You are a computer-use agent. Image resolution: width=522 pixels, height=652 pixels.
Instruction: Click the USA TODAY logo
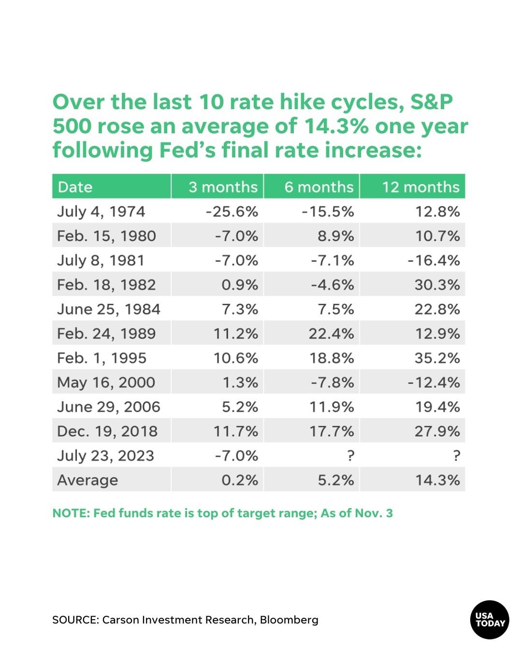[x=490, y=620]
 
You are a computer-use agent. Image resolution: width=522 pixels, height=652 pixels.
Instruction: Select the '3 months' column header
[x=223, y=187]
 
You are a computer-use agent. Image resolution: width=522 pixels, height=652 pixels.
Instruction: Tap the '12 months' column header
[x=420, y=187]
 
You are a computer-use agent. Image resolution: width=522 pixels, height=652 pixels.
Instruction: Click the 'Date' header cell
[x=75, y=187]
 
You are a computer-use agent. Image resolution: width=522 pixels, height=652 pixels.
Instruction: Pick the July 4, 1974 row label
[x=101, y=212]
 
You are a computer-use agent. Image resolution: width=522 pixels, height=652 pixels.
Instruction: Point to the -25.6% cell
[x=232, y=212]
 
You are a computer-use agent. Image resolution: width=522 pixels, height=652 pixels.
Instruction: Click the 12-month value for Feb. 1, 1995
[x=437, y=358]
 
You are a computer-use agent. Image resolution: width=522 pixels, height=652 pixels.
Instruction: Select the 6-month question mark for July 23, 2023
[x=350, y=455]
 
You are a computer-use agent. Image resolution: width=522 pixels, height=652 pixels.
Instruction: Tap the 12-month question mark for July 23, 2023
[x=456, y=455]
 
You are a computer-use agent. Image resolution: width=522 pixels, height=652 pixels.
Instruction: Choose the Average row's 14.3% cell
[x=437, y=480]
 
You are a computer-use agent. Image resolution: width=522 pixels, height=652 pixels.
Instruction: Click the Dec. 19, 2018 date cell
[x=107, y=431]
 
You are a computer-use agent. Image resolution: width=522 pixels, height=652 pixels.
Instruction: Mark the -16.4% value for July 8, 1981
[x=434, y=260]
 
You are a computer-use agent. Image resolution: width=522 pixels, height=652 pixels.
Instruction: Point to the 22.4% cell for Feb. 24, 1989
[x=332, y=334]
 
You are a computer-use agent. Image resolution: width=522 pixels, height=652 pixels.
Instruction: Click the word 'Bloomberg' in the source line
[x=289, y=620]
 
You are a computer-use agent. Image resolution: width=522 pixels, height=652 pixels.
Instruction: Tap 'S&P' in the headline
[x=432, y=102]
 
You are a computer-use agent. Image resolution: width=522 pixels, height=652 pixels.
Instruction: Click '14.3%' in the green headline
[x=336, y=126]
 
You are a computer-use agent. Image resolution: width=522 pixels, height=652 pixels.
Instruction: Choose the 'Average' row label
[x=87, y=480]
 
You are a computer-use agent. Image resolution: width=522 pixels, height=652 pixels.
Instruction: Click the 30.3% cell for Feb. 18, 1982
[x=437, y=285]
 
